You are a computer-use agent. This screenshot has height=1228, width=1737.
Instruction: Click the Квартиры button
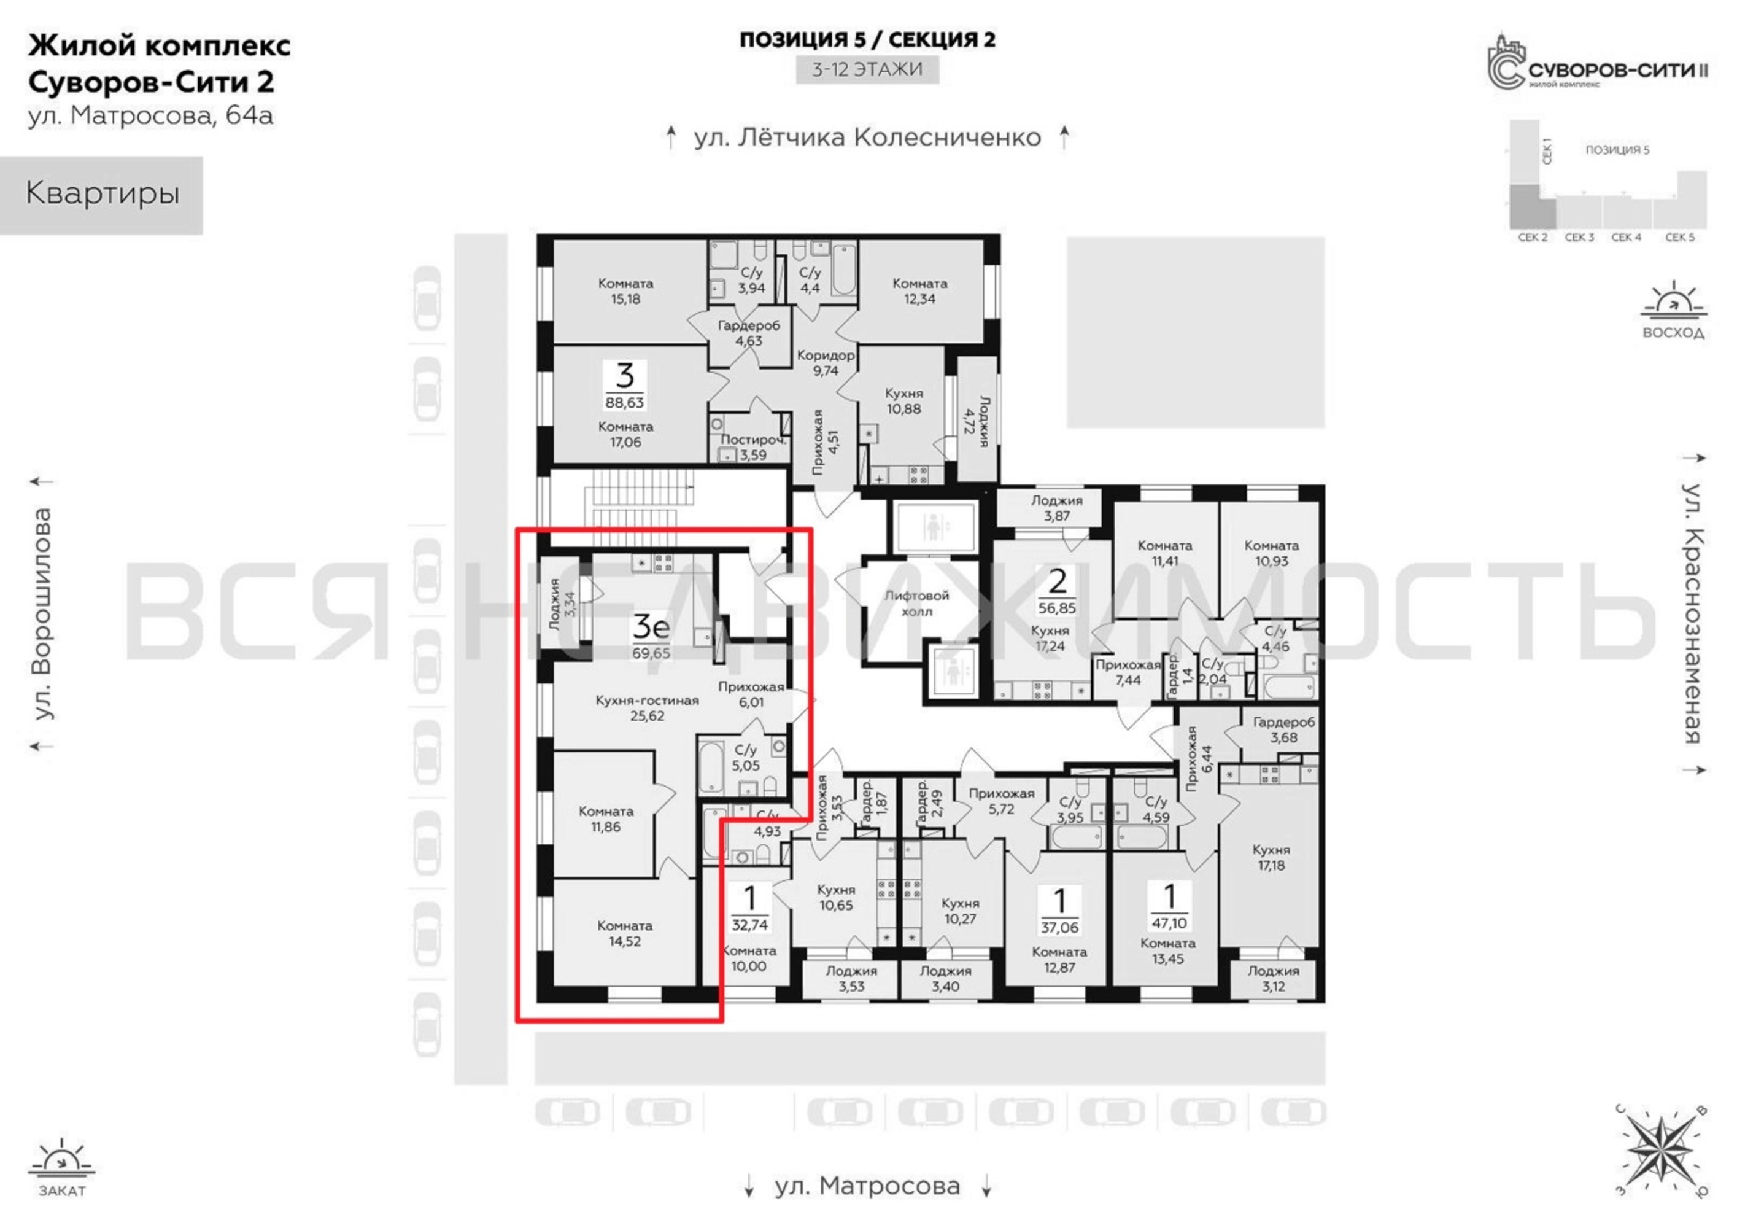[x=101, y=195]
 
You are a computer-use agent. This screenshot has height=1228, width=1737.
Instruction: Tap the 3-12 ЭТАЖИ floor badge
[x=867, y=69]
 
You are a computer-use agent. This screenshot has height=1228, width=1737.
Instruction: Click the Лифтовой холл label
[x=917, y=603]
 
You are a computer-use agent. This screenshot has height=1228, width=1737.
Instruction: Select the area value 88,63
[x=624, y=403]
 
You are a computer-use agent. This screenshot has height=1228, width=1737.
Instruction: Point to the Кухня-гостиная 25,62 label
[x=647, y=707]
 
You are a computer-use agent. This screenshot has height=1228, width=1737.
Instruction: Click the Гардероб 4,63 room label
[x=748, y=333]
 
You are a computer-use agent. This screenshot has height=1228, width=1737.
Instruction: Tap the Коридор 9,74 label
[x=826, y=362]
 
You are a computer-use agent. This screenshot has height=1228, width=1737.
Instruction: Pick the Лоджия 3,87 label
[x=1057, y=508]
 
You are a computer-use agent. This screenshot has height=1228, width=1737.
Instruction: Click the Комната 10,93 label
[x=1271, y=553]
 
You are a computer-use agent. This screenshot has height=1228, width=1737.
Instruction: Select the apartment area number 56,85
[x=1057, y=608]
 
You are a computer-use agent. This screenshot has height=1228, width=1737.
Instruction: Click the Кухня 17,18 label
[x=1271, y=857]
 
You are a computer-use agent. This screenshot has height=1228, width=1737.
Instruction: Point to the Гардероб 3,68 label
[x=1284, y=729]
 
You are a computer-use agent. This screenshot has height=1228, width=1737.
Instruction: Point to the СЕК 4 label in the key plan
[x=1626, y=238]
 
